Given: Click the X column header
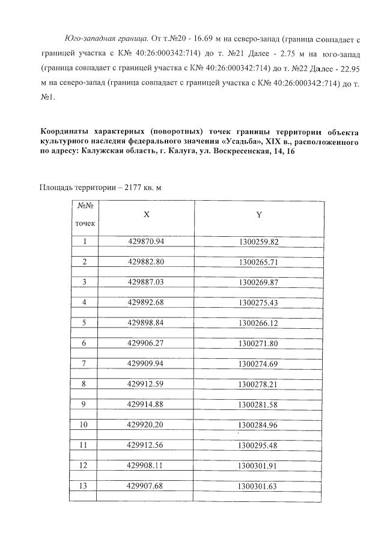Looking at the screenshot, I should pos(146,215).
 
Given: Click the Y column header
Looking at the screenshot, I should pos(258,215).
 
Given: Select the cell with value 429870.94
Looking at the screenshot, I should pos(146,242).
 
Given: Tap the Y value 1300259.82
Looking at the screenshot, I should pos(258,242).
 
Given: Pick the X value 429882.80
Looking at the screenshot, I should pos(146,262).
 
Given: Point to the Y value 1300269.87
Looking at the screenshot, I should pos(258,282).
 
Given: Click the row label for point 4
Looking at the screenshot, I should pos(85,302).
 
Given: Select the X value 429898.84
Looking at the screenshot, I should pos(146,322).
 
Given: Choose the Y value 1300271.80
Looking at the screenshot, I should pos(258,343).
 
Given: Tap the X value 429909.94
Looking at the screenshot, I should pos(146,364).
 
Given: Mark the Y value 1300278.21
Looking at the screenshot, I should pos(258,384).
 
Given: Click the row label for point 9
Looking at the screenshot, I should pos(85,404).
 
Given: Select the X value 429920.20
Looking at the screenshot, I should pos(146,424).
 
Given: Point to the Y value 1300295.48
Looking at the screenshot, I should pos(258,445).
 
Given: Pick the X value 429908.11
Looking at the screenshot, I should pos(146,465).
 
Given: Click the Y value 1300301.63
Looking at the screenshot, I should pos(258,486).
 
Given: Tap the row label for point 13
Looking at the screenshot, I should pos(85,486).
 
